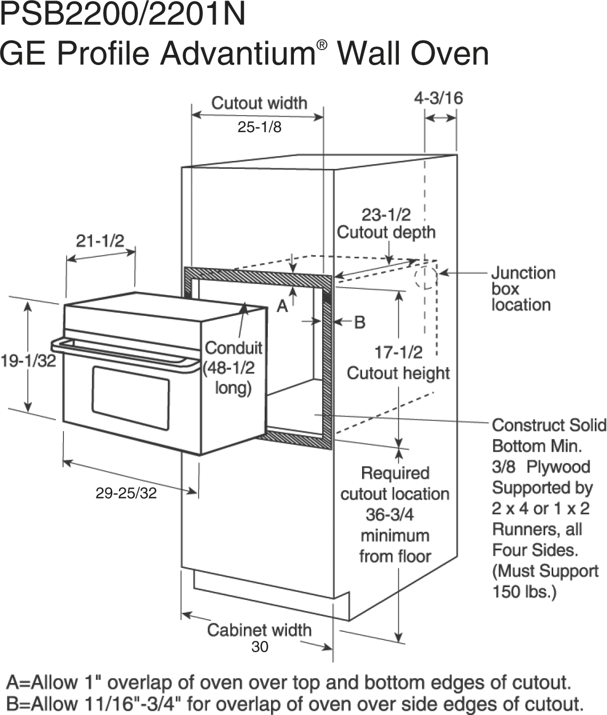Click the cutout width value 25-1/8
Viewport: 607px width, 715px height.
259,127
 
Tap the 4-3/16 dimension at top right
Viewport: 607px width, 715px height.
439,98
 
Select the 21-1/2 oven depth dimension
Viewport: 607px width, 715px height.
100,241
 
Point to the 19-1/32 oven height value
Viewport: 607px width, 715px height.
28,361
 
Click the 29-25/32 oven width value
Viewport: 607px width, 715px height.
126,493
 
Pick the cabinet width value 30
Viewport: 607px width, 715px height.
260,646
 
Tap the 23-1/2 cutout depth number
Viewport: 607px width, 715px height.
386,215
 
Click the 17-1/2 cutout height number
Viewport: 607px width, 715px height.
399,353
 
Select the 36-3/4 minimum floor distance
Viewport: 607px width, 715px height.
390,515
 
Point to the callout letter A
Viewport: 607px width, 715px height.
282,306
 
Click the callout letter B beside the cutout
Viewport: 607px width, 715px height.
360,322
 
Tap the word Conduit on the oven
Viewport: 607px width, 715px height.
234,347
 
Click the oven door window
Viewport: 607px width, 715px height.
131,398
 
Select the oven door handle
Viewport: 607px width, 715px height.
125,354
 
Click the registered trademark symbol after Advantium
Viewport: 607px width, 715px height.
322,45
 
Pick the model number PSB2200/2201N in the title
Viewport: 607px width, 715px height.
123,14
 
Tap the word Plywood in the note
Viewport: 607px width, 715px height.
558,467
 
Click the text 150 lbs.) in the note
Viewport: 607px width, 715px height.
524,591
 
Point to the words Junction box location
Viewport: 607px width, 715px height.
523,289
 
